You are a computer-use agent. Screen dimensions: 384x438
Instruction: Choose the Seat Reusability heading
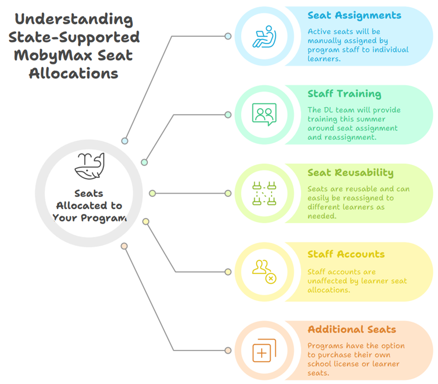(x=350, y=173)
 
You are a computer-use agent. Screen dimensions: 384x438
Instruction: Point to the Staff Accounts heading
(x=346, y=254)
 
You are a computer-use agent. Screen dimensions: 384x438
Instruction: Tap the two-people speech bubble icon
(x=264, y=114)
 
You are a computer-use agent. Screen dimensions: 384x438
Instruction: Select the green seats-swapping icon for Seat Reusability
(x=264, y=194)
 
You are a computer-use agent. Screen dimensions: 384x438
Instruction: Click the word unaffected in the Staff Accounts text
(x=331, y=281)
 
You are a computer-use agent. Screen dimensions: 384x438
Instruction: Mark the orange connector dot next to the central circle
(x=124, y=246)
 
